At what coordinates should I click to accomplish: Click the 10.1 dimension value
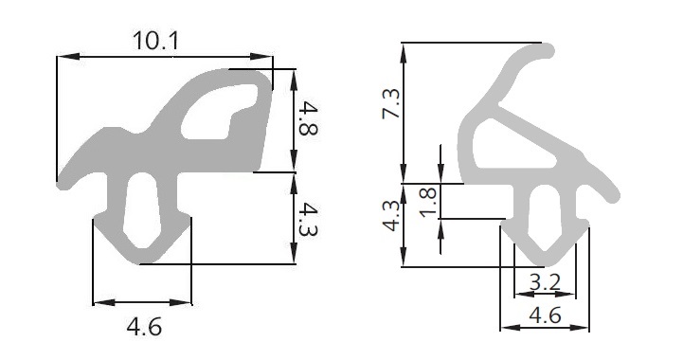tap(155, 41)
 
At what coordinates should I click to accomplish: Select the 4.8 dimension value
tap(308, 117)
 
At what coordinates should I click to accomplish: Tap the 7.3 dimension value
tap(390, 103)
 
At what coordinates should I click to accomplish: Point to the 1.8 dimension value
tap(428, 202)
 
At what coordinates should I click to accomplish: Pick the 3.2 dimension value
tap(545, 282)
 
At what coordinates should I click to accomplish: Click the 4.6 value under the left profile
tap(144, 327)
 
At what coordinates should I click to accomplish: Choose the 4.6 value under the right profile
tap(546, 315)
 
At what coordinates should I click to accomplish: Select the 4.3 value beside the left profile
tap(308, 219)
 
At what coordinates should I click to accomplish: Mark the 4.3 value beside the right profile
tap(390, 216)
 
